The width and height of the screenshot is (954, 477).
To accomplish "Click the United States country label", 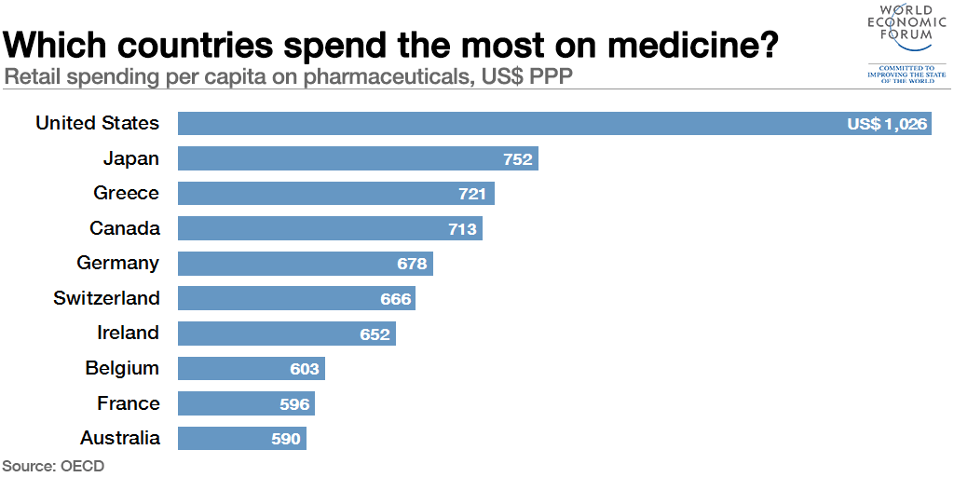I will coord(97,123).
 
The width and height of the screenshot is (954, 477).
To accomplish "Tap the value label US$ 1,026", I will coord(887,124).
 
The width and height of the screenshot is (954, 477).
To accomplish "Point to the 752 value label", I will coord(518,159).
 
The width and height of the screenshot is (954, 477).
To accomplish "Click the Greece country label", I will coord(126,193).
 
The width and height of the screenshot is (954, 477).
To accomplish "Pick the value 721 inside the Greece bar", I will coord(472,194).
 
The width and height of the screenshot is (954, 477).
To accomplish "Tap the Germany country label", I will coord(117,263).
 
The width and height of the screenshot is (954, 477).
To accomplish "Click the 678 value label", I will coord(412,264).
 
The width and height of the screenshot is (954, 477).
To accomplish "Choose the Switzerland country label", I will coord(106,298).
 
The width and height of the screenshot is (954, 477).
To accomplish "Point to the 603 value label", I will coord(305,369).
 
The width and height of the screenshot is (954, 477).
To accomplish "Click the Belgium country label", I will coord(122,368).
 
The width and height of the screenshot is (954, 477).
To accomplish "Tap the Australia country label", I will coord(120,438).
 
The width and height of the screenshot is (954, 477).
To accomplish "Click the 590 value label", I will coord(286,439).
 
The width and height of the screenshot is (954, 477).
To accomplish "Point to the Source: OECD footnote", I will coord(53,466).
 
